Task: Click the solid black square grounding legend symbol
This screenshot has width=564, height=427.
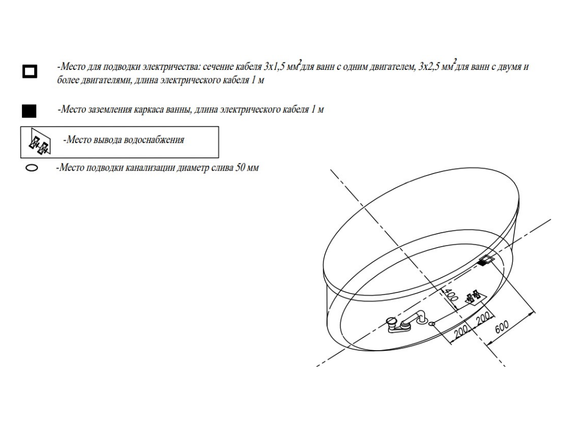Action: [x=29, y=110]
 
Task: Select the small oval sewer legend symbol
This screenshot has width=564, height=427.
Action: [x=31, y=168]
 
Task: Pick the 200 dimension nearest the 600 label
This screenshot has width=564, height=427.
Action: [x=484, y=320]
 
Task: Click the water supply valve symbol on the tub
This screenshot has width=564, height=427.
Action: [x=475, y=298]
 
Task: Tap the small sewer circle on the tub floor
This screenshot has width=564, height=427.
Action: [x=433, y=323]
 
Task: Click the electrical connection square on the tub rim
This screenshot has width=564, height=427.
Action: [x=487, y=261]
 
